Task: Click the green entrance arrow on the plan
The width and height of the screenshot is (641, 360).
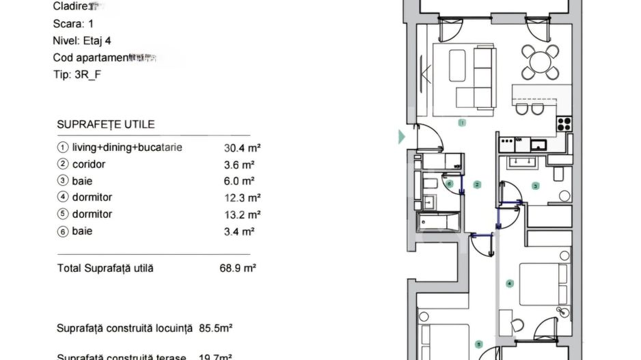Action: (402, 137)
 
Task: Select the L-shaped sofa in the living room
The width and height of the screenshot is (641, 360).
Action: (478, 82)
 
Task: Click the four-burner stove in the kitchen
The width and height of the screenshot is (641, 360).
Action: (564, 124)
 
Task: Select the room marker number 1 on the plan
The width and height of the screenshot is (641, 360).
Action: (462, 124)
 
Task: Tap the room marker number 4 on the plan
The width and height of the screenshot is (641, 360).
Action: (508, 283)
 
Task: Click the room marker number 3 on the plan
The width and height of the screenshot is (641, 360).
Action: (536, 185)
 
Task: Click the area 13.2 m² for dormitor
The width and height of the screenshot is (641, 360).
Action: (239, 214)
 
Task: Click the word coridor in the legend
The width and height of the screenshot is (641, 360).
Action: (89, 165)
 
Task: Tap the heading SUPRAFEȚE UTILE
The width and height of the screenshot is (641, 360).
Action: (106, 124)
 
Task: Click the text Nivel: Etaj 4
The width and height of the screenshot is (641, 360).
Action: (82, 41)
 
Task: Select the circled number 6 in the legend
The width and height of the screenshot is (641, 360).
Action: (64, 232)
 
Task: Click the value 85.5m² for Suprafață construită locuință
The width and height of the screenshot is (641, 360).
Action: (216, 329)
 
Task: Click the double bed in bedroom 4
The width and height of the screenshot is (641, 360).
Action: (543, 283)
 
